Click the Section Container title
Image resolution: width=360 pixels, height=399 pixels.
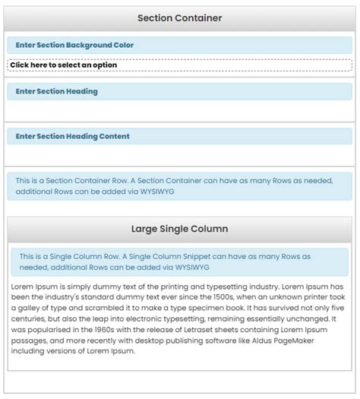pyautogui.click(x=179, y=18)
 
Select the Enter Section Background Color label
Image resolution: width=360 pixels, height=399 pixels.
pyautogui.click(x=74, y=45)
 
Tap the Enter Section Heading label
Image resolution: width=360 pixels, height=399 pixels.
pyautogui.click(x=56, y=91)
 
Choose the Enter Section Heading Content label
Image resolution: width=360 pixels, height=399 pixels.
pyautogui.click(x=72, y=136)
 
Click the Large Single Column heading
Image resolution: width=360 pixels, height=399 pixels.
pyautogui.click(x=179, y=228)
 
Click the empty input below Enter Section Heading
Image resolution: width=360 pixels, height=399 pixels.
pyautogui.click(x=179, y=110)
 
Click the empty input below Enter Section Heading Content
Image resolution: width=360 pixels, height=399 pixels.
pyautogui.click(x=179, y=156)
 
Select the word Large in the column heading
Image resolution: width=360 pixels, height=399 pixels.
pyautogui.click(x=144, y=228)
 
